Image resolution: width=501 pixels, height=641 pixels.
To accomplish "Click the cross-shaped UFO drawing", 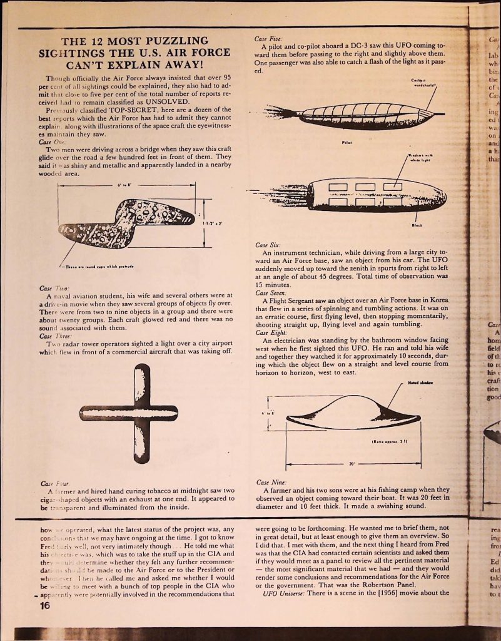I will pyautogui.click(x=128, y=413).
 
